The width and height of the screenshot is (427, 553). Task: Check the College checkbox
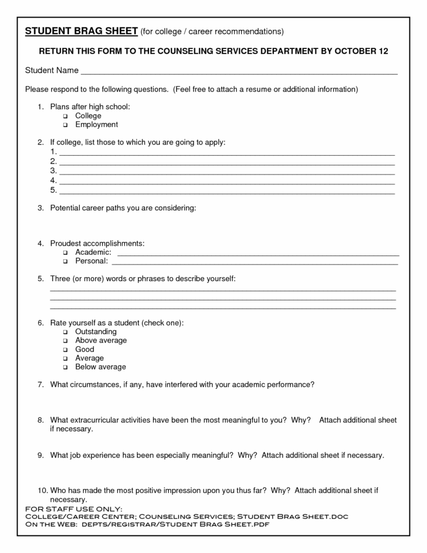[x=65, y=116]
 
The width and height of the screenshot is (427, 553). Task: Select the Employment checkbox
[x=65, y=125]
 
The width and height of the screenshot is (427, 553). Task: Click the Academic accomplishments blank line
[x=257, y=254]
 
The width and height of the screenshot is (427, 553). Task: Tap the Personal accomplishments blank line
[x=254, y=263]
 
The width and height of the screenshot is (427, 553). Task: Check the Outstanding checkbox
[x=65, y=332]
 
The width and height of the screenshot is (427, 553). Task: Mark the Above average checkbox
[x=65, y=341]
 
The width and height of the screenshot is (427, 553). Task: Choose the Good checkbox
[x=65, y=349]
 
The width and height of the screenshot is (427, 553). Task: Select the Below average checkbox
[x=65, y=368]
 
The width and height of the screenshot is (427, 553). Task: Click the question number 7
[x=40, y=385]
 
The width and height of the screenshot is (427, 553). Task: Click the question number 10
[x=42, y=490]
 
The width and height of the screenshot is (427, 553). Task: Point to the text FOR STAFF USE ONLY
[x=73, y=509]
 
